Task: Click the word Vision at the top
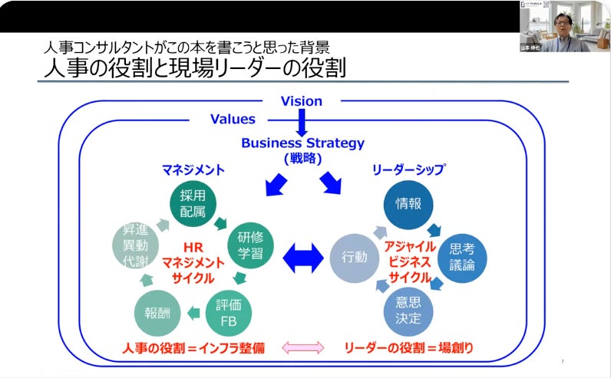coord(302,101)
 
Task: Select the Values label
coord(233,120)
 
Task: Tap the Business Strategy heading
coord(303,143)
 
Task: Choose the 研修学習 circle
coord(250,244)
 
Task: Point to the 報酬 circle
coord(157,311)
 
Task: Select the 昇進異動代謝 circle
coord(135,245)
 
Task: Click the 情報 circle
coord(408,203)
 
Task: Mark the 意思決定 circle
coord(408,310)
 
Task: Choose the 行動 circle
coord(354,257)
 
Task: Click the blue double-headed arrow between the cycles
coord(303,258)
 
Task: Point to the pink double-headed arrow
coord(304,348)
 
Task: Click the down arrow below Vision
coord(302,121)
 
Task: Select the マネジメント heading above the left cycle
coord(193,169)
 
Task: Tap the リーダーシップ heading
coord(408,169)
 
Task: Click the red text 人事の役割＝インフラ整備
coord(193,348)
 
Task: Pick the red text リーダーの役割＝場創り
coord(408,348)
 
